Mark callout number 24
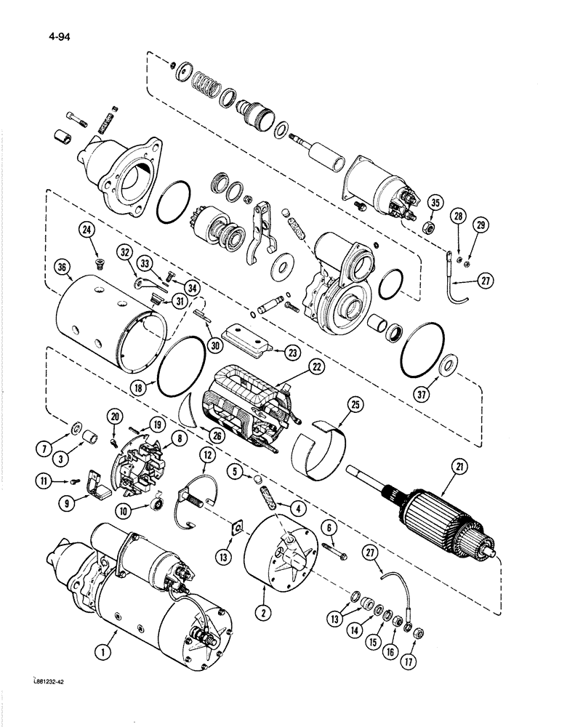(89, 234)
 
